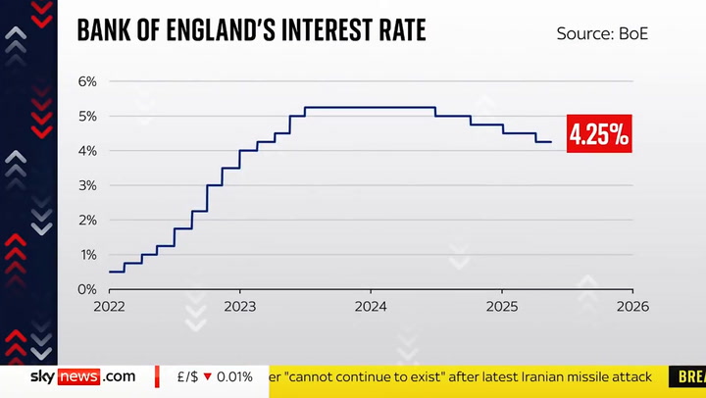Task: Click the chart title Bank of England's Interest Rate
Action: [251, 31]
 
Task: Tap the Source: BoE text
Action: [602, 34]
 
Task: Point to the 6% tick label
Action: [87, 81]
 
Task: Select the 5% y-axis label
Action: [87, 116]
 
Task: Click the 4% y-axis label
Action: [87, 151]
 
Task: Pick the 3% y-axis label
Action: [87, 185]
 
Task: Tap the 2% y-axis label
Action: [87, 221]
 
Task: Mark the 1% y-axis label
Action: [87, 255]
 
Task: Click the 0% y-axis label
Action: [87, 289]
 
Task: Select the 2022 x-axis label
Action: [109, 306]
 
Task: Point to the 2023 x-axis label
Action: [240, 306]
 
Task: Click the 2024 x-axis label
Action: [371, 306]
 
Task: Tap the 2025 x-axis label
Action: [502, 306]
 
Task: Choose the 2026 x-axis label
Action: [632, 306]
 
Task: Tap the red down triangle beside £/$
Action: [208, 376]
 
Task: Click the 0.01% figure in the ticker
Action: [234, 376]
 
